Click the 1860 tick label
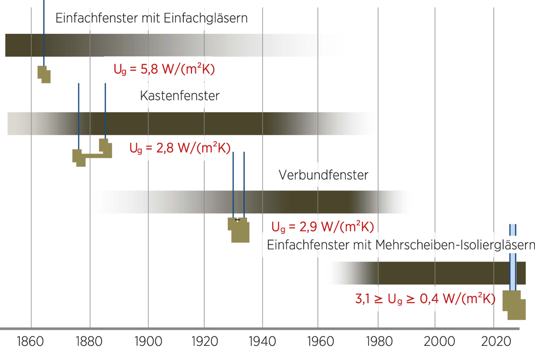[x=30, y=341]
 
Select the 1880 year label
[x=89, y=341]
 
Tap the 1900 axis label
[x=148, y=341]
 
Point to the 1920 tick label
[x=204, y=341]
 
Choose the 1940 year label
[x=262, y=341]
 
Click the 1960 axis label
[x=320, y=341]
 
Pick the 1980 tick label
[x=379, y=341]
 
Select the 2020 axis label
[x=496, y=341]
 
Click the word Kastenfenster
[x=180, y=96]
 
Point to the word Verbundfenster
[x=323, y=175]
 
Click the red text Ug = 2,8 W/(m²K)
[x=180, y=148]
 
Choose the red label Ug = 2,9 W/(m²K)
[x=323, y=227]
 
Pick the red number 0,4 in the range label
[x=429, y=299]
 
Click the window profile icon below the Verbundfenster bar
[x=239, y=230]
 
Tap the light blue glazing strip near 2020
[x=512, y=264]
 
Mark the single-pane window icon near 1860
[x=44, y=74]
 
